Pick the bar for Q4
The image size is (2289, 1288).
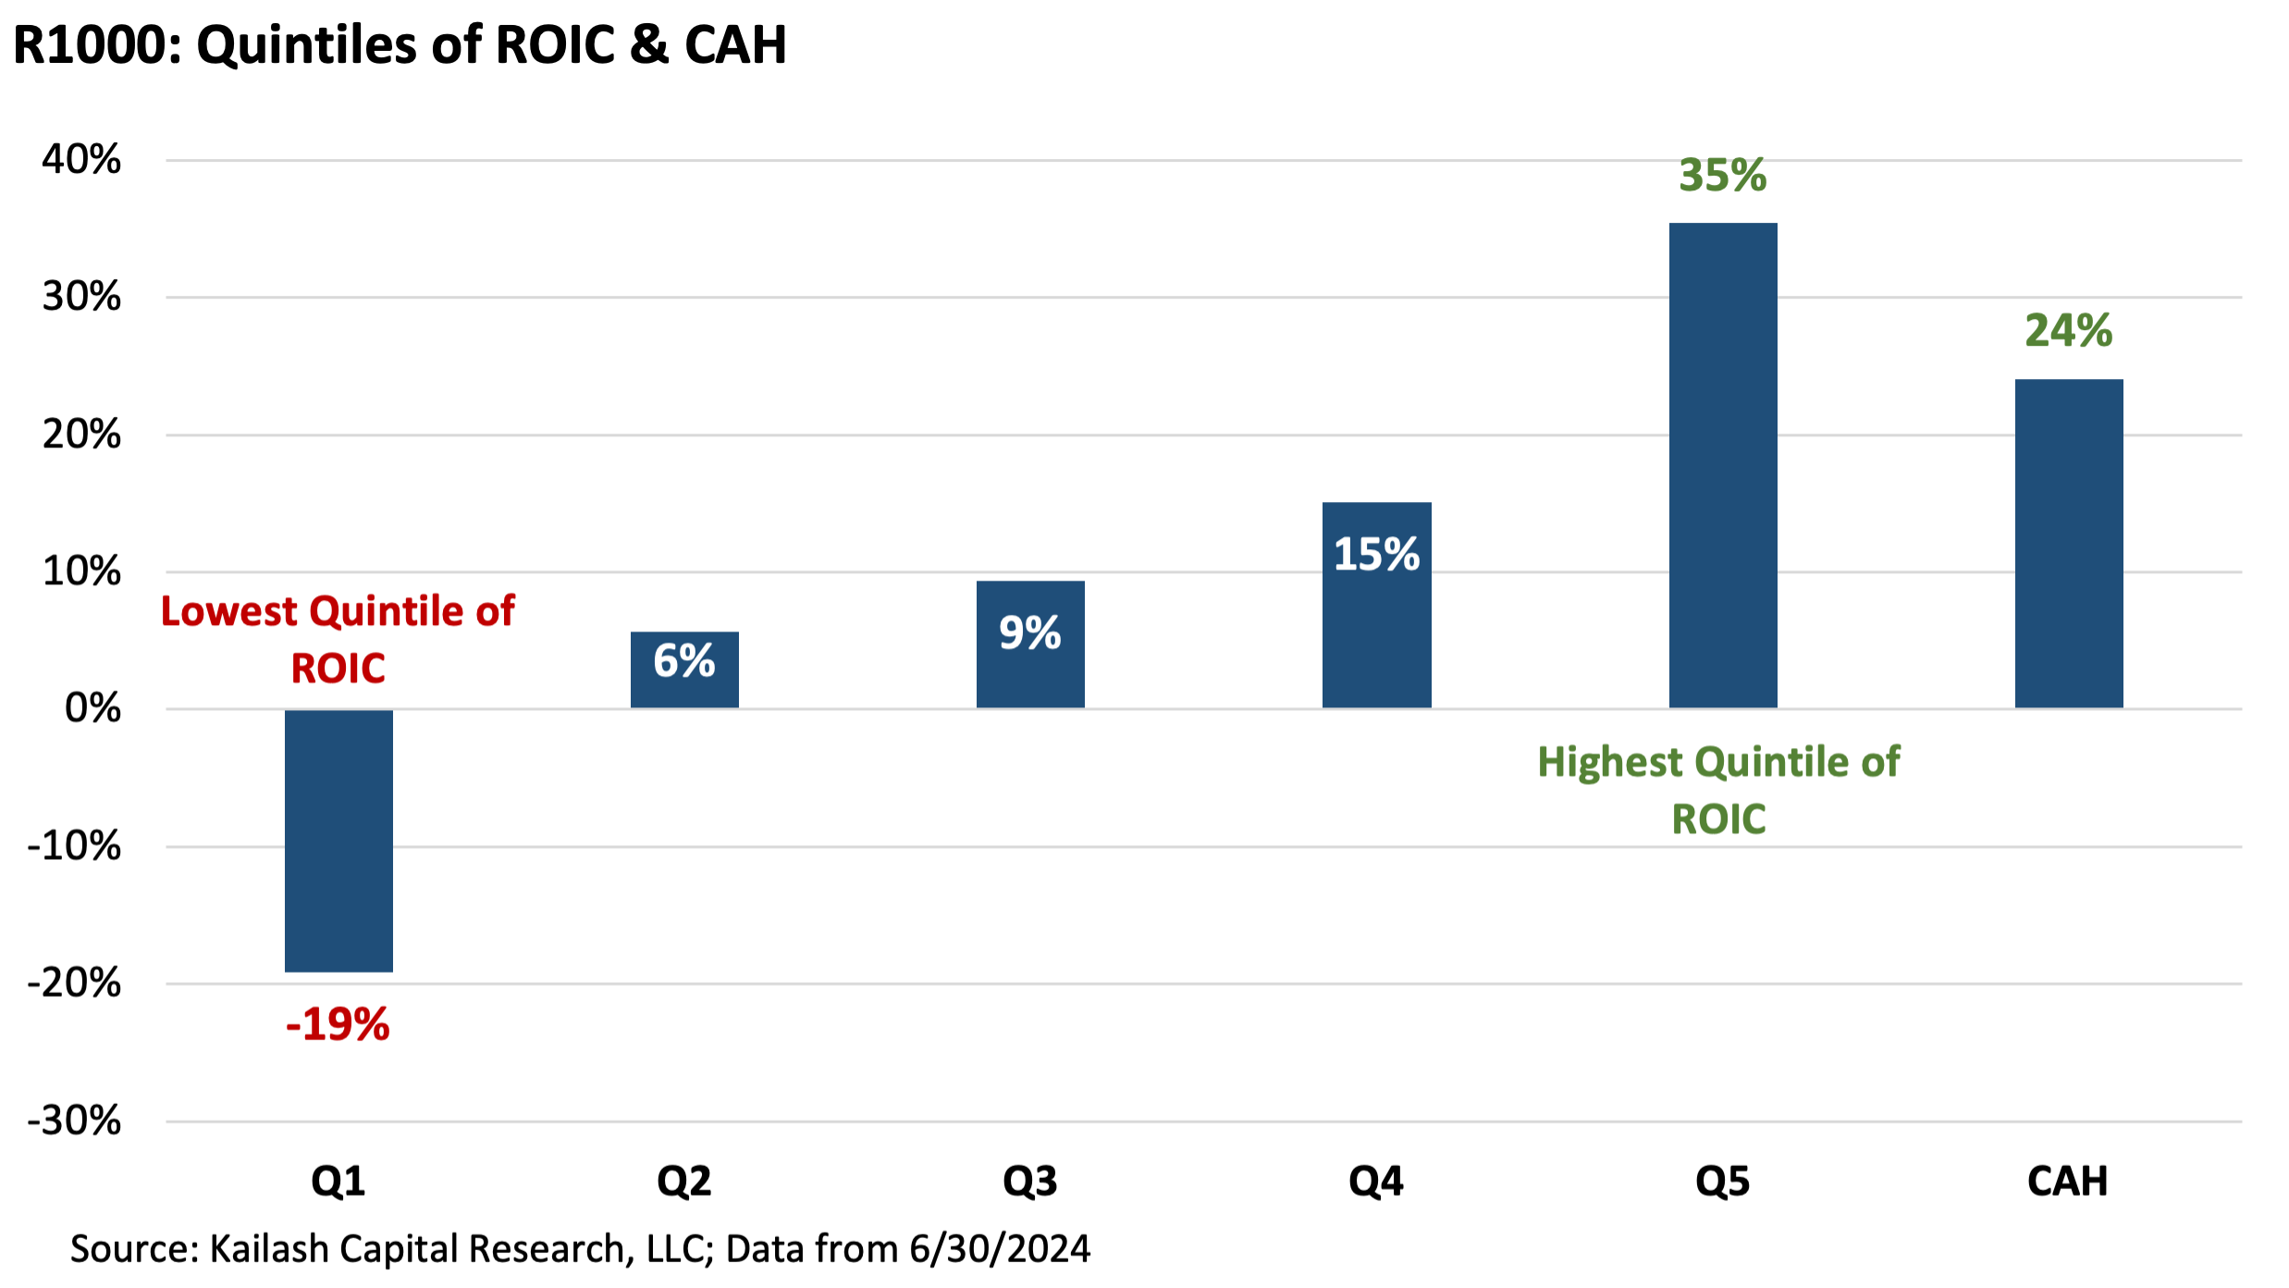click(x=1376, y=629)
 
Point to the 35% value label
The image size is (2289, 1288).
click(x=1722, y=175)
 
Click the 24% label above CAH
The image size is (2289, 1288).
click(x=2069, y=330)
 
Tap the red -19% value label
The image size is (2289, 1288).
click(x=338, y=1024)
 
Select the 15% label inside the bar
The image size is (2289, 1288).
click(x=1376, y=554)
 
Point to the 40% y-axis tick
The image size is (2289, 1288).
click(x=81, y=160)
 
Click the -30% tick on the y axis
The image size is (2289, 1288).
click(x=74, y=1121)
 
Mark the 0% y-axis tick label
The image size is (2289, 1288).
click(x=92, y=708)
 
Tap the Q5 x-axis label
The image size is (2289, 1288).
click(x=1722, y=1182)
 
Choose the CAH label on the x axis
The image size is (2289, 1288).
click(x=2067, y=1182)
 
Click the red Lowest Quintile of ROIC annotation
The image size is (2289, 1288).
click(x=338, y=639)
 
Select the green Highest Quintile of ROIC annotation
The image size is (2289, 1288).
click(x=1718, y=790)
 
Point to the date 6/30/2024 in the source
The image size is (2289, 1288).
click(x=1000, y=1249)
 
